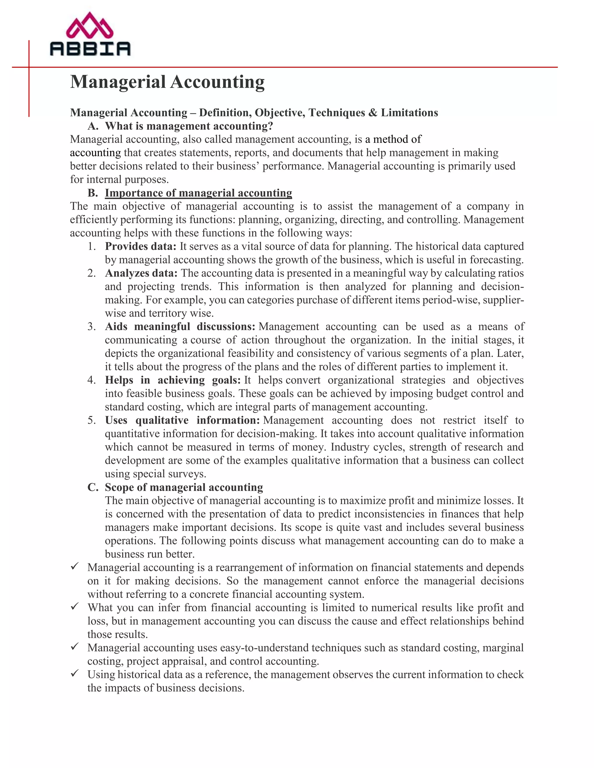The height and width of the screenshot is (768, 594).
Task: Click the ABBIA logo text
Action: pos(90,48)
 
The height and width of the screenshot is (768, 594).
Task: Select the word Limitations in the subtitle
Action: pos(409,112)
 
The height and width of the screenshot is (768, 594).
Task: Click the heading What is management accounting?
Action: pos(189,126)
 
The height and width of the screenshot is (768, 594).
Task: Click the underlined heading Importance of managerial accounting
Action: pos(198,193)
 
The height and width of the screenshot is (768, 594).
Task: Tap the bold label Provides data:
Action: pos(140,246)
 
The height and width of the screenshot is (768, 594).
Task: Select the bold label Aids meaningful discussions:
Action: pos(180,326)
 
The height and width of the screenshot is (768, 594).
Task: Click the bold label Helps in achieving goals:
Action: pos(173,380)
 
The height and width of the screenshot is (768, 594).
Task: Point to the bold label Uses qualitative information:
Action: pos(182,420)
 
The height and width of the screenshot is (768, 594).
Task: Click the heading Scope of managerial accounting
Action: pos(184,487)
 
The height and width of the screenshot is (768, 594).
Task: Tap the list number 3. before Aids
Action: pos(91,327)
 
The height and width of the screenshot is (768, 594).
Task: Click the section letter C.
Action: pos(93,487)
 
